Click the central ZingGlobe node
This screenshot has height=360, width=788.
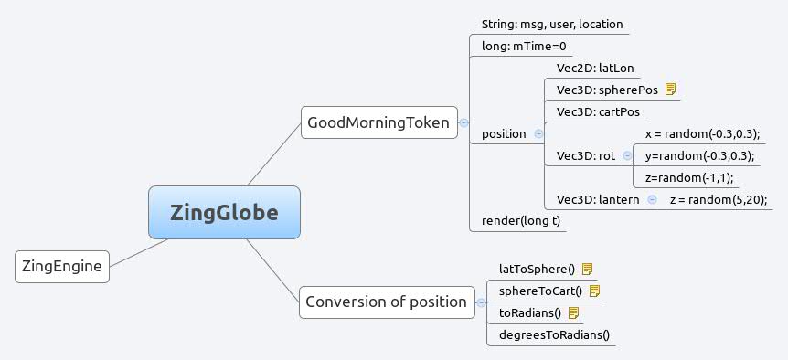click(x=224, y=212)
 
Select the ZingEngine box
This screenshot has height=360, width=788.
click(x=62, y=267)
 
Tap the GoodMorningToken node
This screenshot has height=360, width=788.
click(x=378, y=122)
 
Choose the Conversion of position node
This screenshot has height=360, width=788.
click(x=386, y=302)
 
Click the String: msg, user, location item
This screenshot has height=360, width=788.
click(x=553, y=24)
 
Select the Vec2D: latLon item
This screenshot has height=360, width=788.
click(x=595, y=68)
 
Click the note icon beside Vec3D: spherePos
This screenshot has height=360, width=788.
click(x=670, y=90)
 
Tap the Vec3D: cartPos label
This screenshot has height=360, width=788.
click(x=598, y=111)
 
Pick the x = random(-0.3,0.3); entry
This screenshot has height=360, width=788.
click(x=702, y=133)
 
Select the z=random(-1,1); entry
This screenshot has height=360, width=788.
click(x=689, y=177)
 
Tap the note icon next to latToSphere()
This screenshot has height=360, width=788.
click(x=588, y=269)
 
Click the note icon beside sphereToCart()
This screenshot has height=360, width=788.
click(x=594, y=291)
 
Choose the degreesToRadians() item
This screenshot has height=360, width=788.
click(x=554, y=334)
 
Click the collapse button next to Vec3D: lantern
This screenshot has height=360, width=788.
click(x=652, y=199)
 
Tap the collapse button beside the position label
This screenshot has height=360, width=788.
click(x=538, y=133)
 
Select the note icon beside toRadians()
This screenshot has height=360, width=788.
click(x=574, y=312)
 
